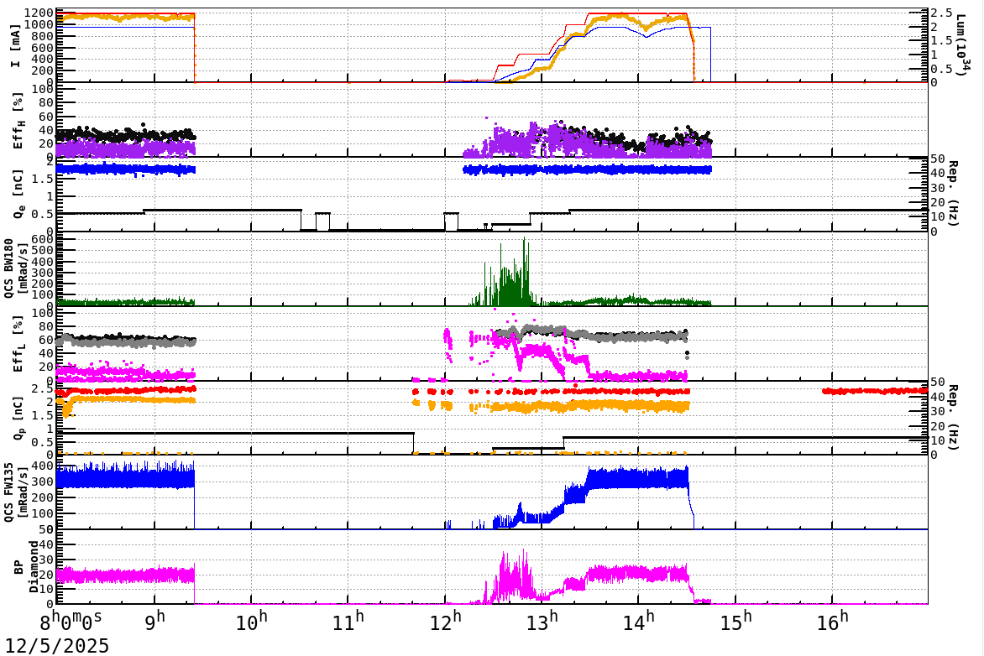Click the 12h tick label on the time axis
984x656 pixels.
click(452, 623)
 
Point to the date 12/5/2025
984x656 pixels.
click(55, 645)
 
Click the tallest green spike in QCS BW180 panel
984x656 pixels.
click(525, 239)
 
